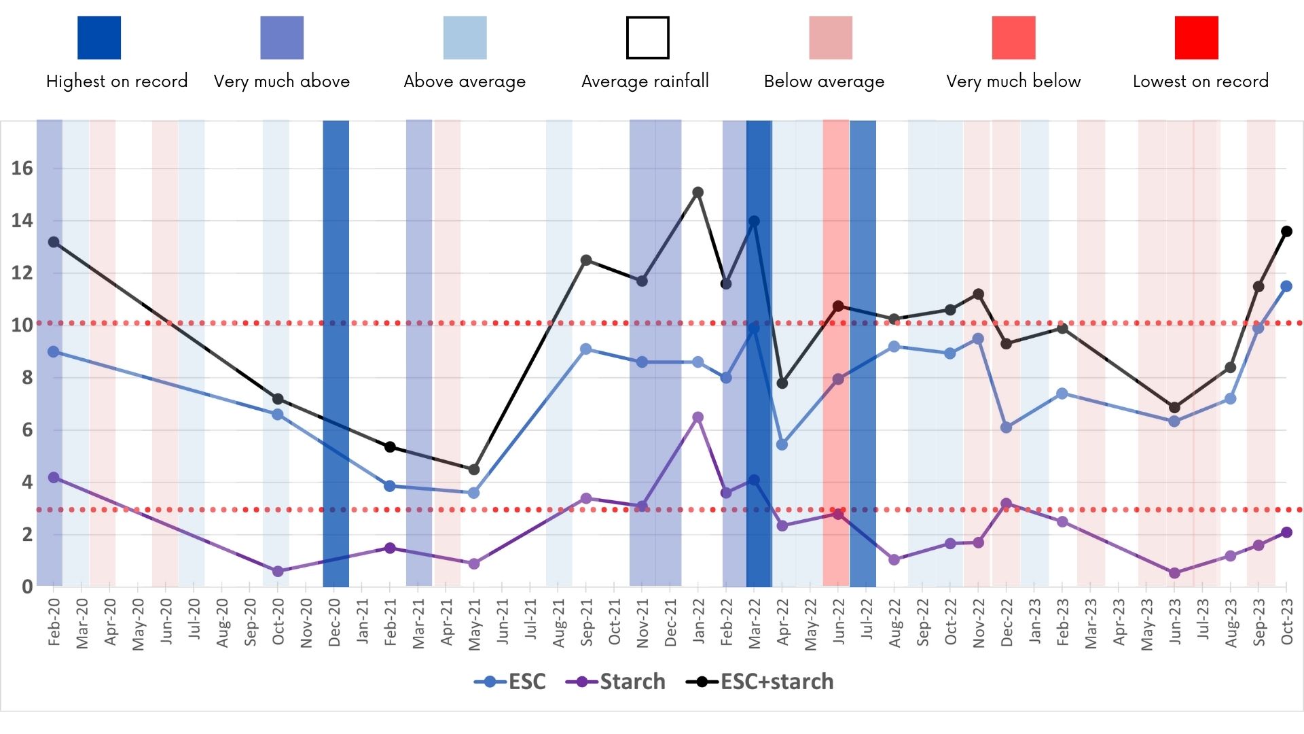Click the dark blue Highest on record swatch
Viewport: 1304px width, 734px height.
(x=99, y=38)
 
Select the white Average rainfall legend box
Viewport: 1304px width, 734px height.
(x=647, y=38)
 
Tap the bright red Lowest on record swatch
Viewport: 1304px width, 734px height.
(x=1196, y=38)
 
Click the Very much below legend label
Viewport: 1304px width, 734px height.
(x=1013, y=82)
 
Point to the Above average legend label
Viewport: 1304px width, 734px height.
(x=465, y=82)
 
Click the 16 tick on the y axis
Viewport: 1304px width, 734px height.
(x=22, y=169)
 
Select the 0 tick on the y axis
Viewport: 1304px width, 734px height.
(x=27, y=587)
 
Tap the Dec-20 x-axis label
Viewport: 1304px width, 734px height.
(x=334, y=623)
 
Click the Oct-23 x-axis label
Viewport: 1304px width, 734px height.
(x=1286, y=623)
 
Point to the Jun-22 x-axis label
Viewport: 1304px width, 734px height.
(x=839, y=623)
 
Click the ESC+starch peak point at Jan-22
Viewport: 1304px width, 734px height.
(x=698, y=193)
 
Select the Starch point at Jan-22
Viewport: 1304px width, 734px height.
(x=698, y=417)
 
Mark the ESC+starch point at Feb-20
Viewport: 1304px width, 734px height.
(x=54, y=243)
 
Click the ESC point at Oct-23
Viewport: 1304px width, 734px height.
(x=1286, y=287)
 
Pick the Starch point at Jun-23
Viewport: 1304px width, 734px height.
(x=1174, y=574)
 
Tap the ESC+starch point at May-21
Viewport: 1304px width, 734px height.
(x=474, y=470)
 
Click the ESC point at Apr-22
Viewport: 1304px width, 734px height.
(x=782, y=444)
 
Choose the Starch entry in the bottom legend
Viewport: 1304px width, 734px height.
(x=616, y=682)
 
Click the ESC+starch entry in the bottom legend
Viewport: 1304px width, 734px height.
(x=761, y=682)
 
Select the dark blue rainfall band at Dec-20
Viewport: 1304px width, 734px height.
(x=336, y=353)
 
